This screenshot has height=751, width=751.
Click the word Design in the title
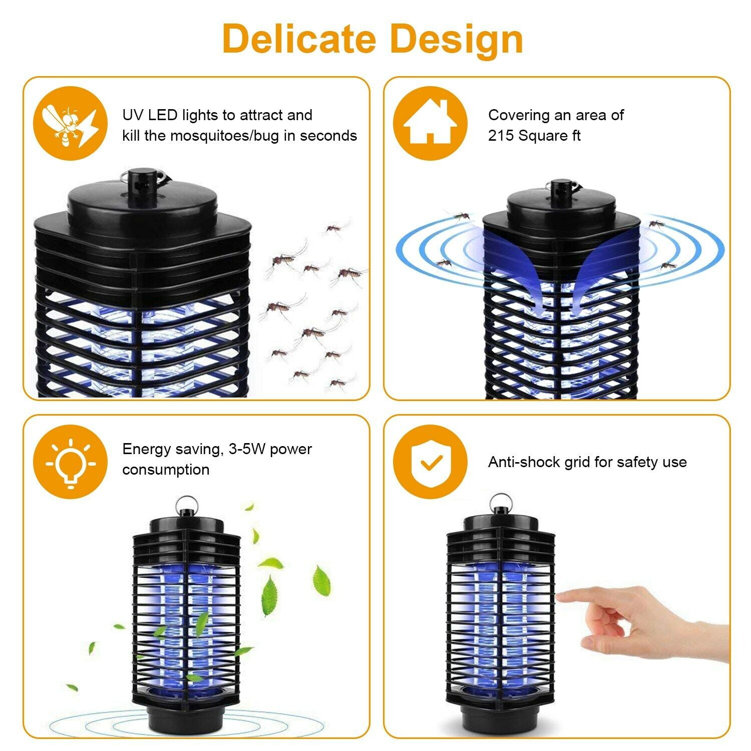click(456, 39)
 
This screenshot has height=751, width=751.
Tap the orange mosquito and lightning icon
click(70, 123)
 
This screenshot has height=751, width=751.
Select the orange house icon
click(430, 123)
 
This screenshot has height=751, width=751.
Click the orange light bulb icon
click(70, 461)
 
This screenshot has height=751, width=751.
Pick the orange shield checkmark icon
click(430, 461)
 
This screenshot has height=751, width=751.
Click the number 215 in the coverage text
click(501, 136)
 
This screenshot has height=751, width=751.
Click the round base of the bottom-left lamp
click(186, 717)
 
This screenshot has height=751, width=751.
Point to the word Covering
click(519, 115)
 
